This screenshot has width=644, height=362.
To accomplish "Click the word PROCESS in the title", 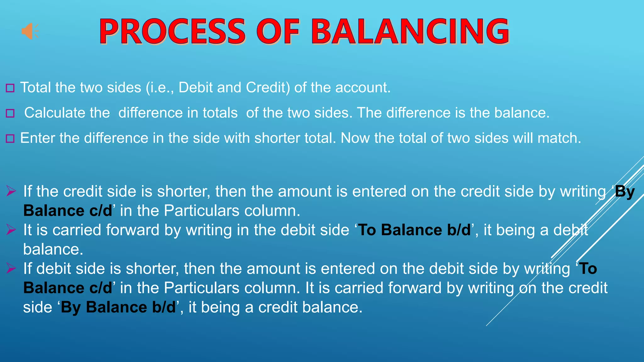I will click(x=172, y=31).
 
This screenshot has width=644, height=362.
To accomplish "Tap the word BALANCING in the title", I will click(x=410, y=31).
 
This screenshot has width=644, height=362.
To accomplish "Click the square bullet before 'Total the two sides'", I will click(x=10, y=88).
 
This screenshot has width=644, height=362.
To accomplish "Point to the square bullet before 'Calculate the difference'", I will click(x=10, y=113).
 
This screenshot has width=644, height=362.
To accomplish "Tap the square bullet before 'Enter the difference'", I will click(x=10, y=138).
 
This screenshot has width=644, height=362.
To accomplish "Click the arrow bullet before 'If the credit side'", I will click(x=11, y=191).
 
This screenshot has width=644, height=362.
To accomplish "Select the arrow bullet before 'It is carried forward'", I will click(x=11, y=230).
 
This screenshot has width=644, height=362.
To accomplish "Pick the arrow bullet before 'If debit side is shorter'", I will click(x=11, y=268).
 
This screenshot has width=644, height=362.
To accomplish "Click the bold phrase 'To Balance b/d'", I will click(x=414, y=230).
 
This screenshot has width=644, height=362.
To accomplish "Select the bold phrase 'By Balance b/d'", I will click(x=118, y=307).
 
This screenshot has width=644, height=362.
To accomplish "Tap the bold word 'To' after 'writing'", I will click(x=588, y=269).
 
